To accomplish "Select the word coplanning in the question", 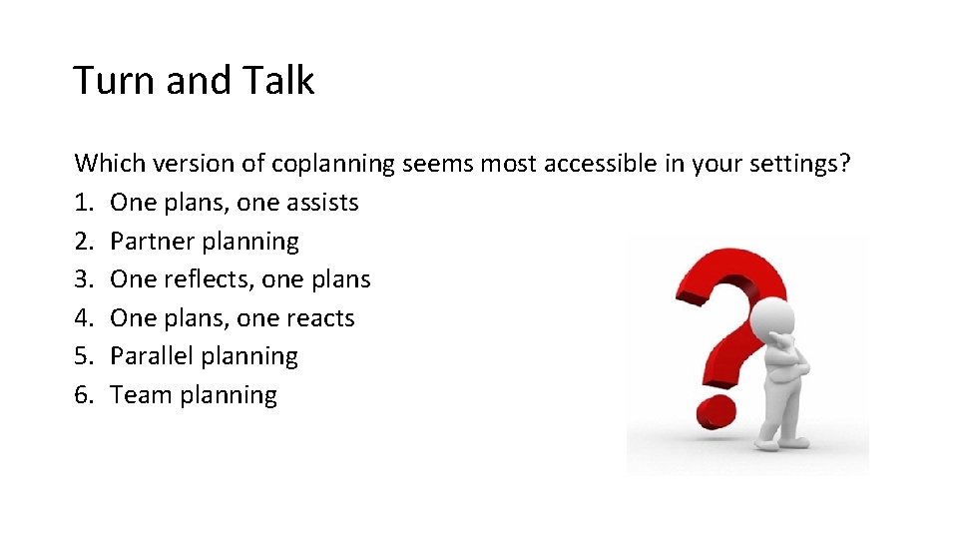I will coord(333,163).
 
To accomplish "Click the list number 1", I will coord(84,203).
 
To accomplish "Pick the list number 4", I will coord(84,318).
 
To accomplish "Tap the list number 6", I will coord(84,395).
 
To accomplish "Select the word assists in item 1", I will coord(322,203).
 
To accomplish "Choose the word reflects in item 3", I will coord(210,279).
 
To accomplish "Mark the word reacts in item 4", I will coord(320,318).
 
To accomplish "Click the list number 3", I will coord(84,279).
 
